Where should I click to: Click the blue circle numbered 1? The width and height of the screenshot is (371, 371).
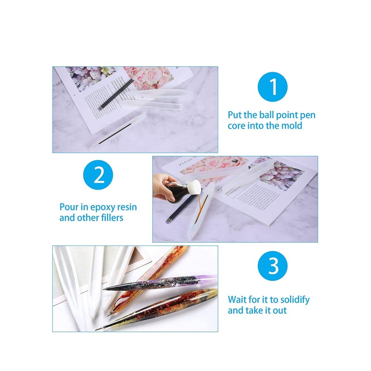click(273, 87)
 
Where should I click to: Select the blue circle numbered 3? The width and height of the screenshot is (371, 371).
click(273, 266)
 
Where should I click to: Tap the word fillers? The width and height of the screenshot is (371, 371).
click(110, 217)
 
